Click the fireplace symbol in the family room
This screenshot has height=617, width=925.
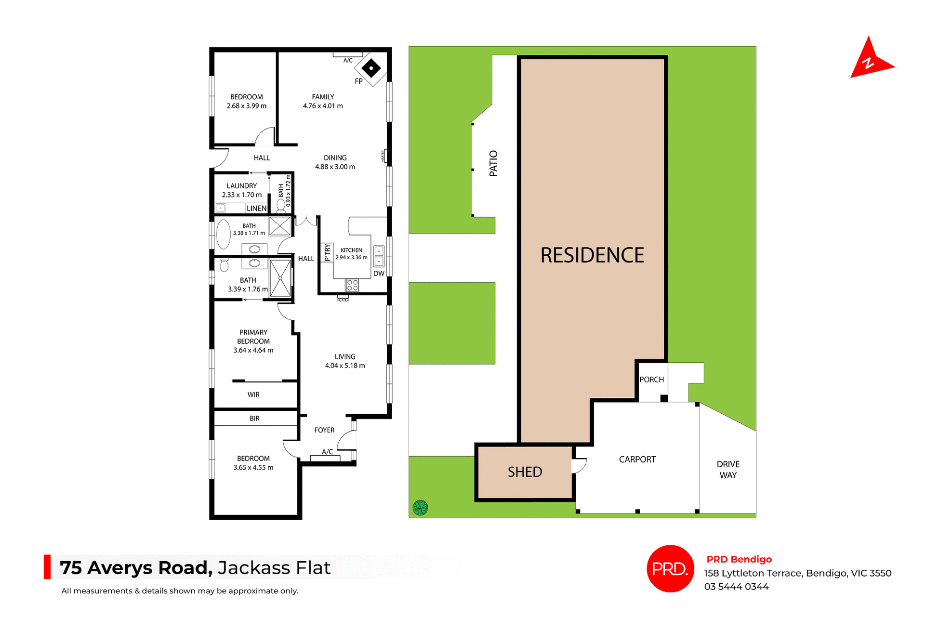371,68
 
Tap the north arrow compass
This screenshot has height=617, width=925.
870,61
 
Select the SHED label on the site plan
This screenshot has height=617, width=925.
525,472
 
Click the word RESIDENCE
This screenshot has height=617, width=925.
592,255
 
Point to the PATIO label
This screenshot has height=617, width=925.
493,163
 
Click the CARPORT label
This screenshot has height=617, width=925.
637,459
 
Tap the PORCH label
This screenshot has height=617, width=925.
651,380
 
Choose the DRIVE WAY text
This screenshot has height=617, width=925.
728,470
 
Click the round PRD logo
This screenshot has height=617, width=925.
670,569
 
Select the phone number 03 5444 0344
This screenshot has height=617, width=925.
736,587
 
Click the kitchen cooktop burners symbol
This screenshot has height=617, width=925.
352,285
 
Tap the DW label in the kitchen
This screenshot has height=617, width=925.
379,274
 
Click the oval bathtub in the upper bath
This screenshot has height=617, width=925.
224,234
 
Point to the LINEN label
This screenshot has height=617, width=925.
256,209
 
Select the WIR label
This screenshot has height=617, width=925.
253,394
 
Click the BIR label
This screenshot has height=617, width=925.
254,419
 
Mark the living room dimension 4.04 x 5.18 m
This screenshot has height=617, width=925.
345,366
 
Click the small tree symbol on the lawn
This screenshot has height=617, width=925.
420,508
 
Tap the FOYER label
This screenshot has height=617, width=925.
324,430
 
